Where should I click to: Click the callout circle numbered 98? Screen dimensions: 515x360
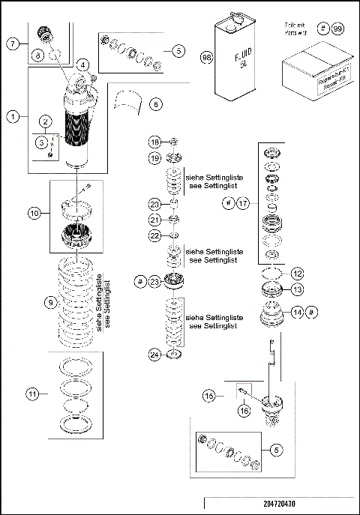pyautogui.click(x=206, y=57)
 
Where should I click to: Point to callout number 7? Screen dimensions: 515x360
pyautogui.click(x=13, y=43)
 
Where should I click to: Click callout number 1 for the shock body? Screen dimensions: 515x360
pyautogui.click(x=13, y=116)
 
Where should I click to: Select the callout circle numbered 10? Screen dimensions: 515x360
pyautogui.click(x=34, y=213)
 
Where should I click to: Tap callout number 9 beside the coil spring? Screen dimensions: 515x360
pyautogui.click(x=50, y=303)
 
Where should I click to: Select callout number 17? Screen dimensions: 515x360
pyautogui.click(x=243, y=202)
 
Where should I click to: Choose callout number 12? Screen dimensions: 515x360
pyautogui.click(x=297, y=273)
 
